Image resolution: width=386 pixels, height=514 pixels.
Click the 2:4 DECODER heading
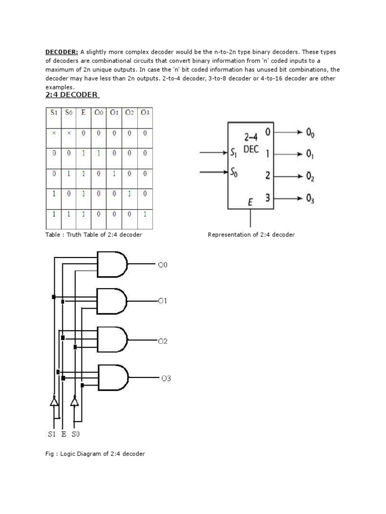[72, 94]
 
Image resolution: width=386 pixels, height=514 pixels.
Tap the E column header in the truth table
[83, 112]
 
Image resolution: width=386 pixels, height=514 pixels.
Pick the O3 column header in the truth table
[145, 112]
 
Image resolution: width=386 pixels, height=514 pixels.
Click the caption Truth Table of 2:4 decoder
[93, 235]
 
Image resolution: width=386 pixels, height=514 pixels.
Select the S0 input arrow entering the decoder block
[214, 173]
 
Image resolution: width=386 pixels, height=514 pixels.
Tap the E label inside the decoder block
[250, 202]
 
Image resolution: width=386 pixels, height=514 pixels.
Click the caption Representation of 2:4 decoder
[251, 235]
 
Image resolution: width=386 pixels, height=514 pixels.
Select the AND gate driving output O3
[113, 377]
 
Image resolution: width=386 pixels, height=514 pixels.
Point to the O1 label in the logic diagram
[162, 301]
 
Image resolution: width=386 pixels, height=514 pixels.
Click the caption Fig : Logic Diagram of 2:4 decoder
[95, 454]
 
